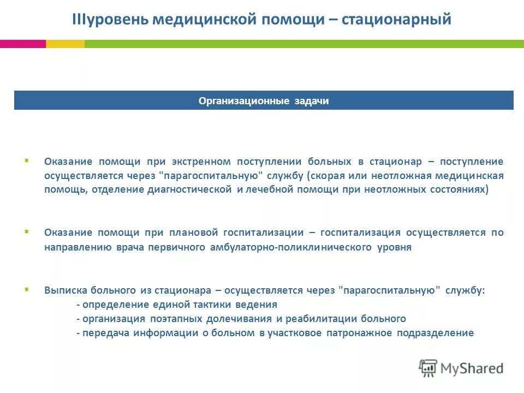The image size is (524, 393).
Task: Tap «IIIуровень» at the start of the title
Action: click(x=111, y=20)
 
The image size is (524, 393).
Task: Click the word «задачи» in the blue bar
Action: click(x=311, y=101)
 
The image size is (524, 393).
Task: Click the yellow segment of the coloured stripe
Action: click(x=65, y=44)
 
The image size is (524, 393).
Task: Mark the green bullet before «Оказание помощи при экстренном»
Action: click(x=26, y=160)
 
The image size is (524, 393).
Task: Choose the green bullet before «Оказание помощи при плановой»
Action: click(x=26, y=231)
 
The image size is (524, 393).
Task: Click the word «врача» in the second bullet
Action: click(x=129, y=247)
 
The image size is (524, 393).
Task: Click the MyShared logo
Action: click(x=461, y=368)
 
